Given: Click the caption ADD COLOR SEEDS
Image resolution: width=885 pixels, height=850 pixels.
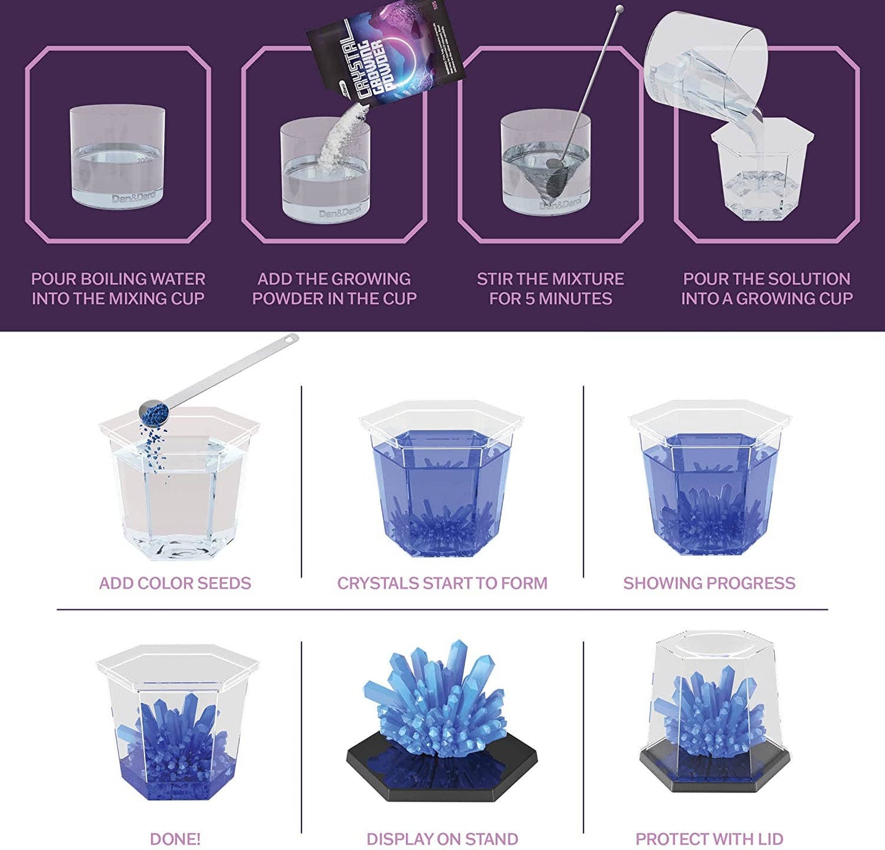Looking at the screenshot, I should pyautogui.click(x=175, y=583).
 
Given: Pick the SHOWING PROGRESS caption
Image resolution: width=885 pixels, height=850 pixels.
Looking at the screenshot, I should pyautogui.click(x=709, y=583).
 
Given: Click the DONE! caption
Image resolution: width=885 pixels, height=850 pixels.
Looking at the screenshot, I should pyautogui.click(x=175, y=839).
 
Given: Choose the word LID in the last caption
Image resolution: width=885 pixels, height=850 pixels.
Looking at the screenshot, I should pyautogui.click(x=770, y=839).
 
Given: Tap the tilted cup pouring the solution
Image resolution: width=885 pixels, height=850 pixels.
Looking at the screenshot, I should pyautogui.click(x=704, y=58).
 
